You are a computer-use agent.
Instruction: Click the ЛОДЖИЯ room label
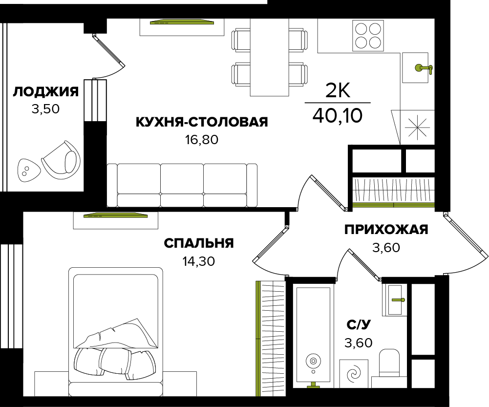45,92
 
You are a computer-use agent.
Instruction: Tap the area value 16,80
202,140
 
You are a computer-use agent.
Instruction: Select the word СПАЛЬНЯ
199,243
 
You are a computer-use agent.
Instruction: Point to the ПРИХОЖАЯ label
386,230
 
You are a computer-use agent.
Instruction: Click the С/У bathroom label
359,324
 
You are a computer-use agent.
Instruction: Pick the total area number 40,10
338,115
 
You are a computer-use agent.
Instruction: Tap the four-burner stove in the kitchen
368,36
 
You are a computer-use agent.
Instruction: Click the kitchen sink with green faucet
415,67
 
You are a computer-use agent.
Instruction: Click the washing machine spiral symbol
354,374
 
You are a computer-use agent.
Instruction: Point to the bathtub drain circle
313,361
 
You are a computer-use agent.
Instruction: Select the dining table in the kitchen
270,57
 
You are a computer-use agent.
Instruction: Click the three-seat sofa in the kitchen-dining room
182,185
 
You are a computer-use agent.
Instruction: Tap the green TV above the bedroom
116,215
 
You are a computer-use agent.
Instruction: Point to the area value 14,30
199,261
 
